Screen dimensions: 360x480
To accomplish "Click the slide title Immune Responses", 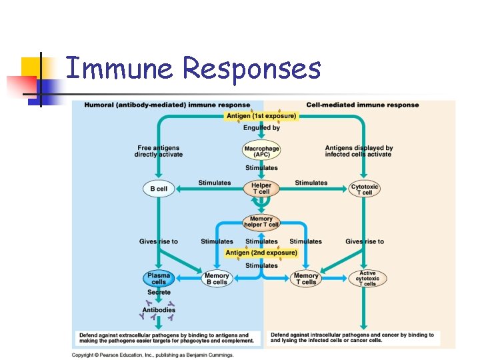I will pyautogui.click(x=193, y=69).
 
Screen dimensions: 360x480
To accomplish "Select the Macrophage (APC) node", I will pyautogui.click(x=261, y=151).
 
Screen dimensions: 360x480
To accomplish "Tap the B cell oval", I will pyautogui.click(x=158, y=189).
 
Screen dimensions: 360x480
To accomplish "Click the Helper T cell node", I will pyautogui.click(x=261, y=189).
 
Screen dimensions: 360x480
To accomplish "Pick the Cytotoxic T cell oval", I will pyautogui.click(x=364, y=189).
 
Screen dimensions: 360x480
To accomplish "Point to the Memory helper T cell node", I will pyautogui.click(x=261, y=222).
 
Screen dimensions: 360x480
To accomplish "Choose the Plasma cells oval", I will pyautogui.click(x=158, y=279).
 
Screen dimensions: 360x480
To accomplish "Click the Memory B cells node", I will pyautogui.click(x=217, y=279).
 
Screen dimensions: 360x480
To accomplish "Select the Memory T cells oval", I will pyautogui.click(x=306, y=279).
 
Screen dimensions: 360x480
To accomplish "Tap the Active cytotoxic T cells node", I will pyautogui.click(x=367, y=278).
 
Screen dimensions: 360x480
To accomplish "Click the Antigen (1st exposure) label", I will pyautogui.click(x=261, y=115).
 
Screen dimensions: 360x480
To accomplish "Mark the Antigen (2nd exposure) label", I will pyautogui.click(x=261, y=253).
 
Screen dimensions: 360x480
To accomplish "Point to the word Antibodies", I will pyautogui.click(x=159, y=310).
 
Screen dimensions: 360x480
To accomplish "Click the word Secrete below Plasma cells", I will pyautogui.click(x=159, y=293).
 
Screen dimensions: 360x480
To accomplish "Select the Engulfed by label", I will pyautogui.click(x=261, y=128).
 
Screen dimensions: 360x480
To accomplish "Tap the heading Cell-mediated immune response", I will pyautogui.click(x=362, y=105).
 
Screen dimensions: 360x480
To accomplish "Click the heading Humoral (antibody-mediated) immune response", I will pyautogui.click(x=167, y=105).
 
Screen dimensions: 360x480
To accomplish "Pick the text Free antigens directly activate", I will pyautogui.click(x=158, y=151).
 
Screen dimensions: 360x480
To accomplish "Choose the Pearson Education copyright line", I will pyautogui.click(x=153, y=355).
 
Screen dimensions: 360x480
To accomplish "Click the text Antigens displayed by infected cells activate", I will pyautogui.click(x=359, y=151).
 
